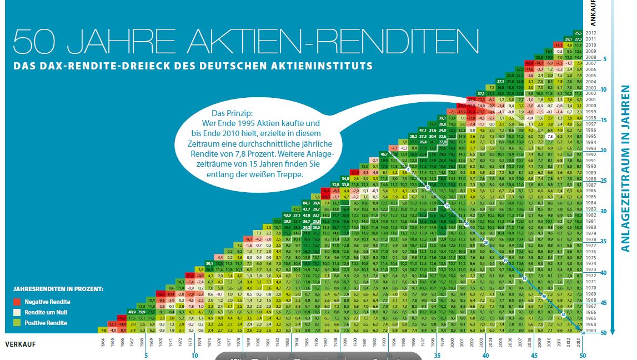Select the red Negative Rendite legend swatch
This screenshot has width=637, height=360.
[18, 302]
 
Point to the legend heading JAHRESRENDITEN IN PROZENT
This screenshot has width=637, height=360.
[58, 289]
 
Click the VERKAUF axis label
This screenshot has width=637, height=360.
[21, 344]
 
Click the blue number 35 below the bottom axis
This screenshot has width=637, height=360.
[437, 356]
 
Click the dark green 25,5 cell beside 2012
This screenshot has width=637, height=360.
[578, 33]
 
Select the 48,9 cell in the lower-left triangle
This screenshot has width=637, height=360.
[133, 312]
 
